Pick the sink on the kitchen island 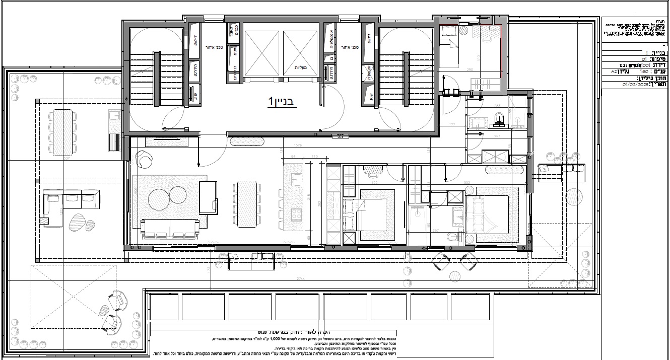coord(295,178)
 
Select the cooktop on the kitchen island coord(294,214)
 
